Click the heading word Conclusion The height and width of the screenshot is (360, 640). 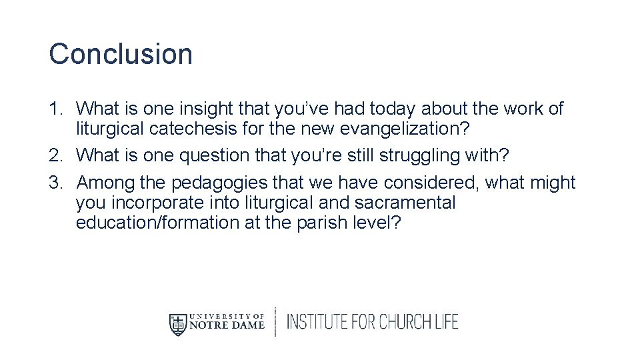coord(121,54)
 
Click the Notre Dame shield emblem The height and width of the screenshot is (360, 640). coord(177,323)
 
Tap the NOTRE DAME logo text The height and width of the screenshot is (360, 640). coord(227,326)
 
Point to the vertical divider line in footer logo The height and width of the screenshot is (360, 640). coord(275,323)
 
